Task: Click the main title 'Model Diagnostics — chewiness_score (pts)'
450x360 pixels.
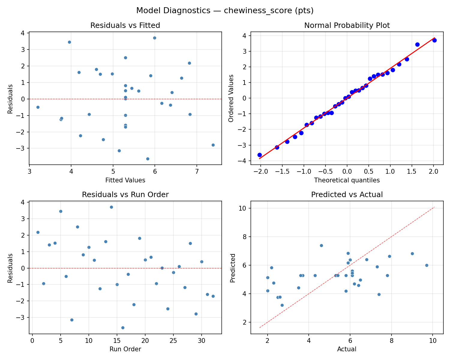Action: [225, 11]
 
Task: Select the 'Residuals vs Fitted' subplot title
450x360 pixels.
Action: [125, 25]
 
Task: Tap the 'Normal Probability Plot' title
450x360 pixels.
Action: [347, 25]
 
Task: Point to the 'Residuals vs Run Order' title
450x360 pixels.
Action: [125, 195]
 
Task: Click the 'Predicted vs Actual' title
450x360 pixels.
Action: [347, 195]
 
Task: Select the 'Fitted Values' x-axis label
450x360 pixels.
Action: [125, 180]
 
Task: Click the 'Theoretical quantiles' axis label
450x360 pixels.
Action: [347, 180]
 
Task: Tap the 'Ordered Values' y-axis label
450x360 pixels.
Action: [231, 98]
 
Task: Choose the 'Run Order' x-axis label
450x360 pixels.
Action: [125, 349]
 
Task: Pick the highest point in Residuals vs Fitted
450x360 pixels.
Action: [154, 38]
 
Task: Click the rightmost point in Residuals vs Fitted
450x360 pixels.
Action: [213, 145]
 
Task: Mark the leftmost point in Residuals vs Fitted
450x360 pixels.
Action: [38, 107]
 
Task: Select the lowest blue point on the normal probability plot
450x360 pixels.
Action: [259, 155]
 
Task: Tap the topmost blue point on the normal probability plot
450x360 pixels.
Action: [434, 40]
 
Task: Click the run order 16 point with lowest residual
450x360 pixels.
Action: [123, 328]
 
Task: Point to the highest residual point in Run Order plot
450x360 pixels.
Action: [111, 207]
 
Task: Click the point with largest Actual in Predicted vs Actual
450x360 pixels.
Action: [427, 265]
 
